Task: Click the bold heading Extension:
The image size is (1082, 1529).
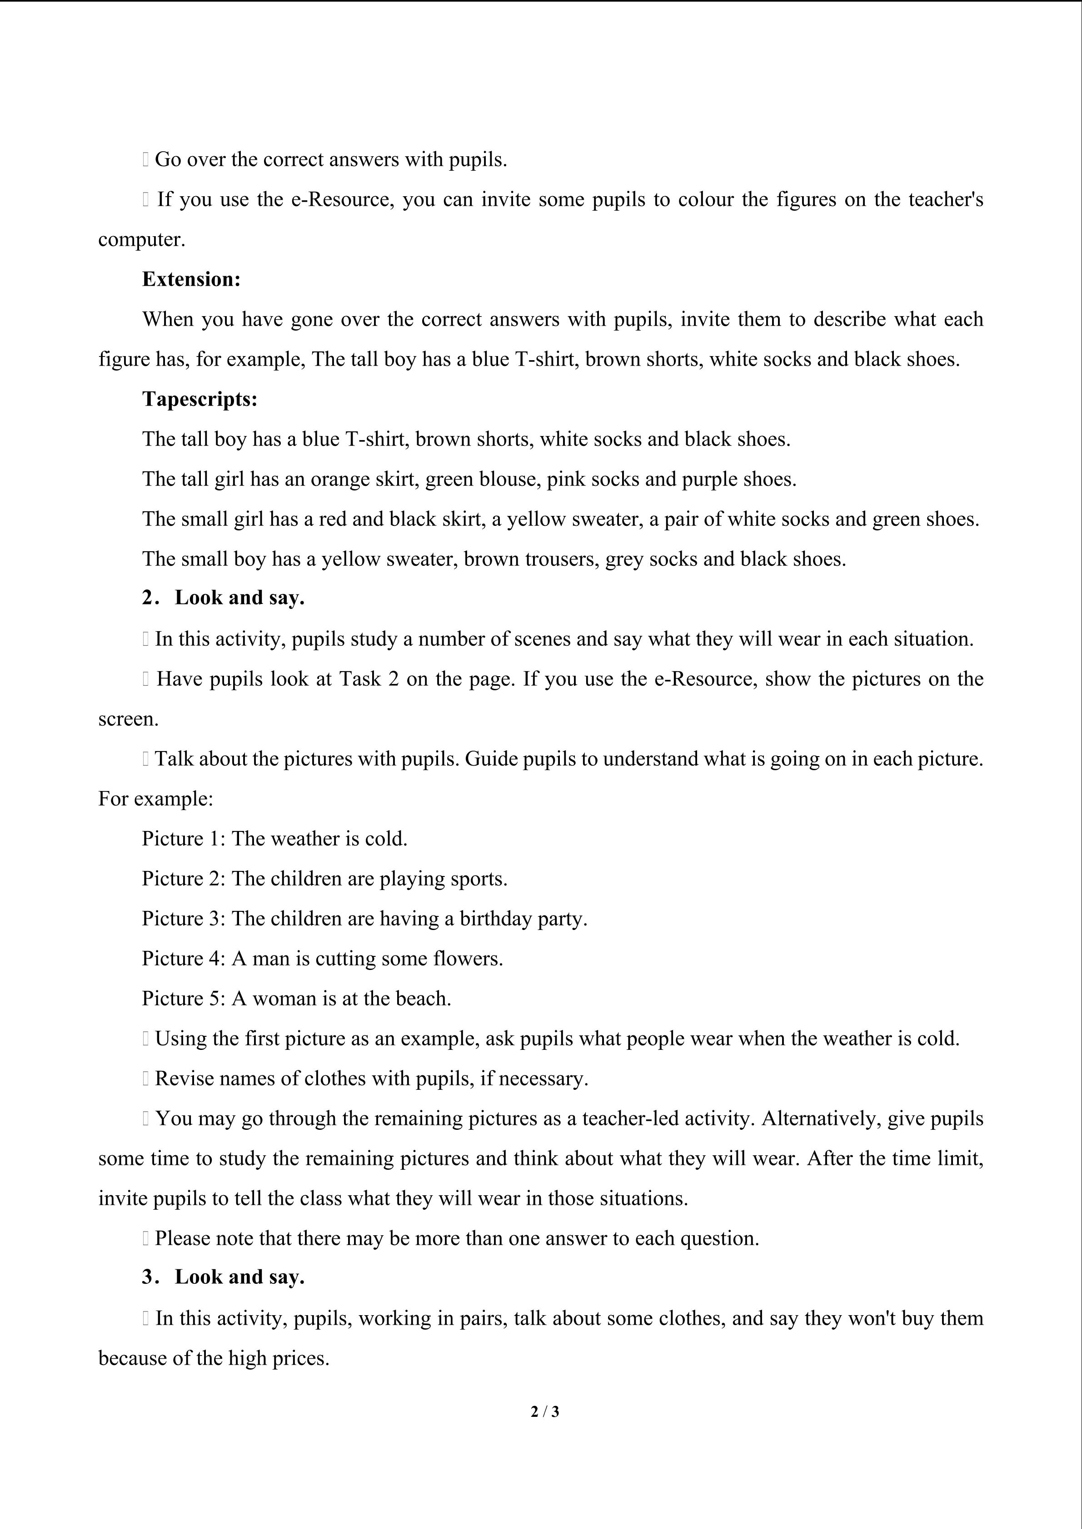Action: point(191,279)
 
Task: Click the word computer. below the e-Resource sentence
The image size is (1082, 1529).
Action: point(141,240)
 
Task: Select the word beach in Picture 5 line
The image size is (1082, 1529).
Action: point(423,998)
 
